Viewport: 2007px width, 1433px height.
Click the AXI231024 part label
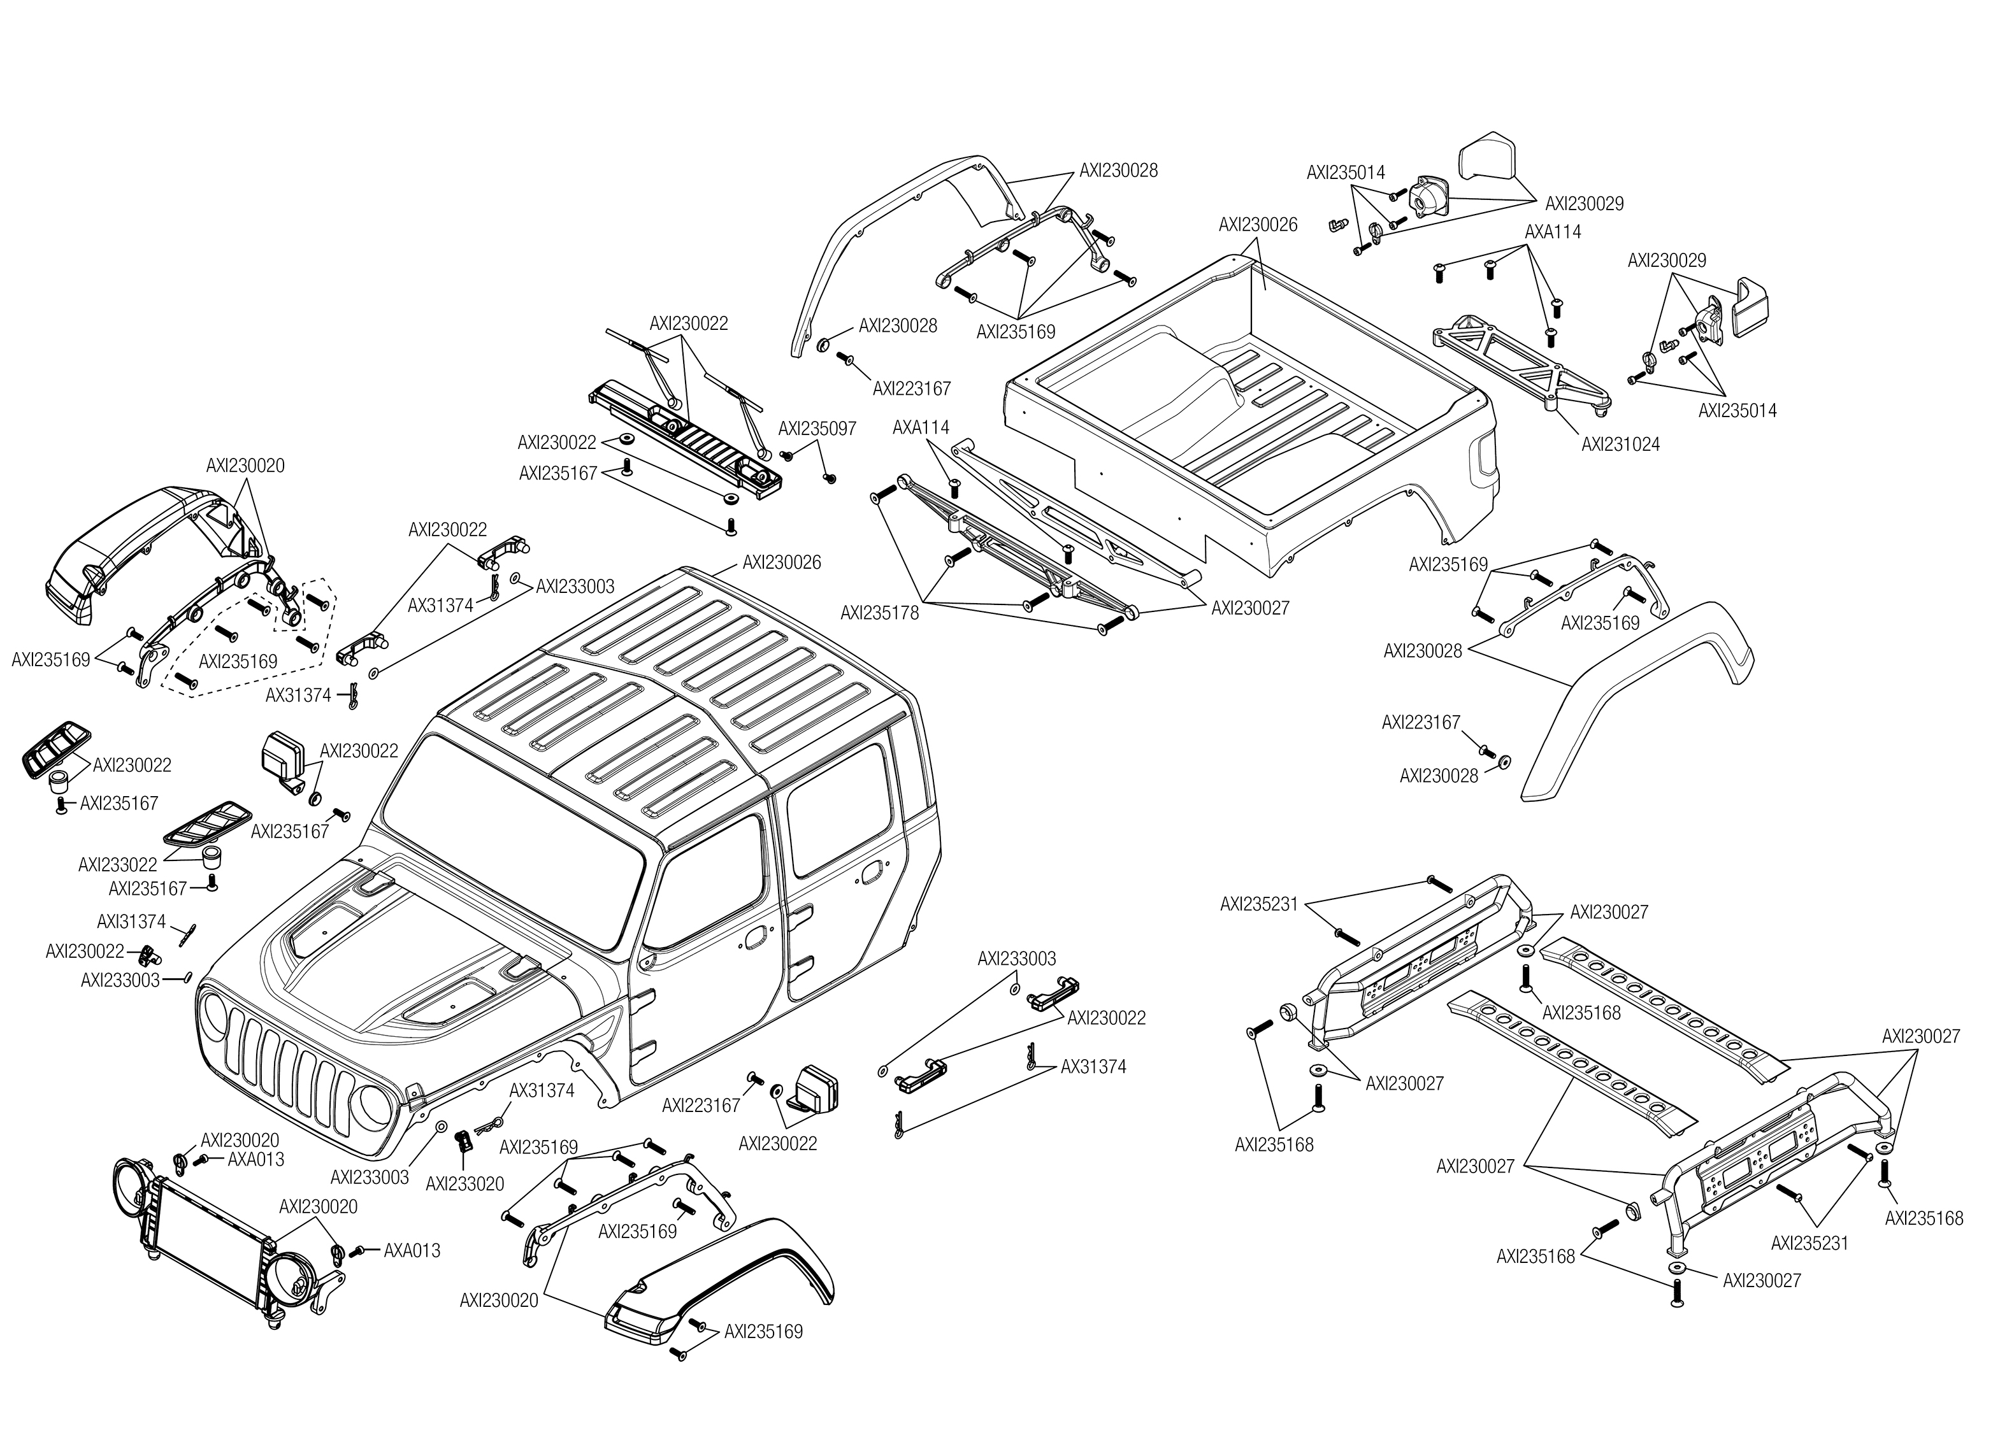(1620, 445)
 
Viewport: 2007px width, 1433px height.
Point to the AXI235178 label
(879, 613)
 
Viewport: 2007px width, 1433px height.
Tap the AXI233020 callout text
(464, 1184)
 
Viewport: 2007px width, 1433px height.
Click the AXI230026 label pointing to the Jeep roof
(781, 562)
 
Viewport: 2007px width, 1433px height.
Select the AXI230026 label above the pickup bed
(1258, 225)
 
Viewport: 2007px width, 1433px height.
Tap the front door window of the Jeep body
(706, 882)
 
